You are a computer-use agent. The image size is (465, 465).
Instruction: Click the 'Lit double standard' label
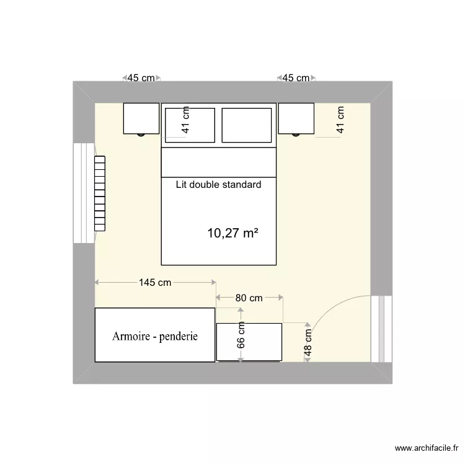pyautogui.click(x=218, y=184)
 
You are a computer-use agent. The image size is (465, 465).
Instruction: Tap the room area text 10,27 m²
pyautogui.click(x=232, y=233)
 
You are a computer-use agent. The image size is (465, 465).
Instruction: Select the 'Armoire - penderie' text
pyautogui.click(x=155, y=337)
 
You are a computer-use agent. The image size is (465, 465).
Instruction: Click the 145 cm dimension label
pyautogui.click(x=155, y=283)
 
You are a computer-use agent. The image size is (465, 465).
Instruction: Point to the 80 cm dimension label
pyautogui.click(x=249, y=298)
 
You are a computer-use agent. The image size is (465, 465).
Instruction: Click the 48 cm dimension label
pyautogui.click(x=308, y=343)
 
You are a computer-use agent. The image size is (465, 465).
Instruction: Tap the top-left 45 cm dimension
pyautogui.click(x=141, y=78)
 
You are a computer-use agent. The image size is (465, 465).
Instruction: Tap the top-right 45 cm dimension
pyautogui.click(x=296, y=78)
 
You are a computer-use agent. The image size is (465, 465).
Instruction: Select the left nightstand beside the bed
pyautogui.click(x=141, y=118)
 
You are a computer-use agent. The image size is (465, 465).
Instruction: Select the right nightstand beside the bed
pyautogui.click(x=296, y=118)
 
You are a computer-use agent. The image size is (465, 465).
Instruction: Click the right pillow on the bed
pyautogui.click(x=247, y=126)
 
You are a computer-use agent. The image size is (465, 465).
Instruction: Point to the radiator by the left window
pyautogui.click(x=99, y=192)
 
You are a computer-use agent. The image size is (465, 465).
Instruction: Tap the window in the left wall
pyautogui.click(x=82, y=193)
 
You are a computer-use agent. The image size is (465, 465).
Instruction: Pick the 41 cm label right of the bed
pyautogui.click(x=339, y=120)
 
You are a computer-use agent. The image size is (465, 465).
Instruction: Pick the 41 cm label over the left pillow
pyautogui.click(x=185, y=120)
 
